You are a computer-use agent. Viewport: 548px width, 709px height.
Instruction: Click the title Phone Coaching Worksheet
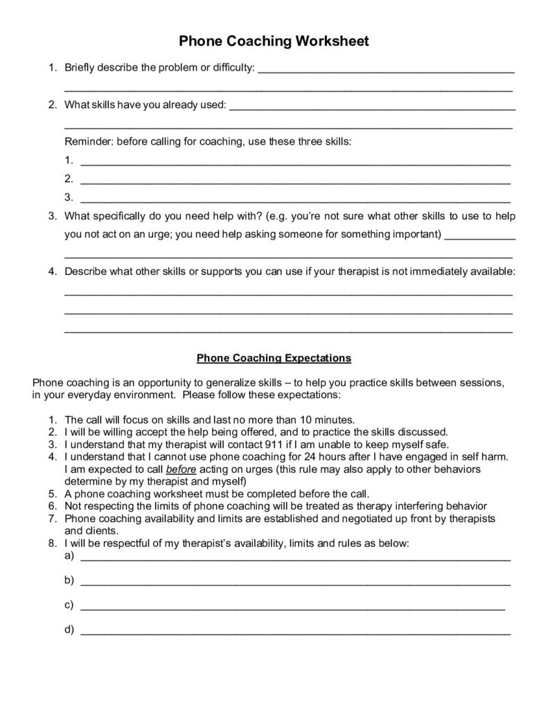(274, 42)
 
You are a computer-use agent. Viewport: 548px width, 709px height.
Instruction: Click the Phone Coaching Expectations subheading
(274, 358)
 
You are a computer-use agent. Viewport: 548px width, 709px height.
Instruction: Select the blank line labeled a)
(295, 556)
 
